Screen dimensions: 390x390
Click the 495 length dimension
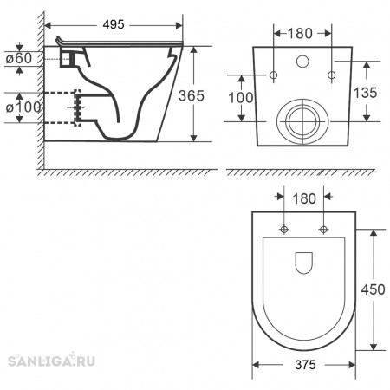coord(114,24)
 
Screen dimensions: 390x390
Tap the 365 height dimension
coord(192,95)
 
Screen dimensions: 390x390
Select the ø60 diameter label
coord(19,58)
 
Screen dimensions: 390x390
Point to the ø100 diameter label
coord(23,107)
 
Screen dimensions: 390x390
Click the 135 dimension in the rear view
coord(366,93)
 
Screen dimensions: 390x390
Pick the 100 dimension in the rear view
coord(241,98)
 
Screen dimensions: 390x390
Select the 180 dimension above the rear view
coord(300,34)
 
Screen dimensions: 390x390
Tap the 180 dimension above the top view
coord(304,198)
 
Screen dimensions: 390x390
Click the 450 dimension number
coord(373,289)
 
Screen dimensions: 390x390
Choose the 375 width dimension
coord(305,365)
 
